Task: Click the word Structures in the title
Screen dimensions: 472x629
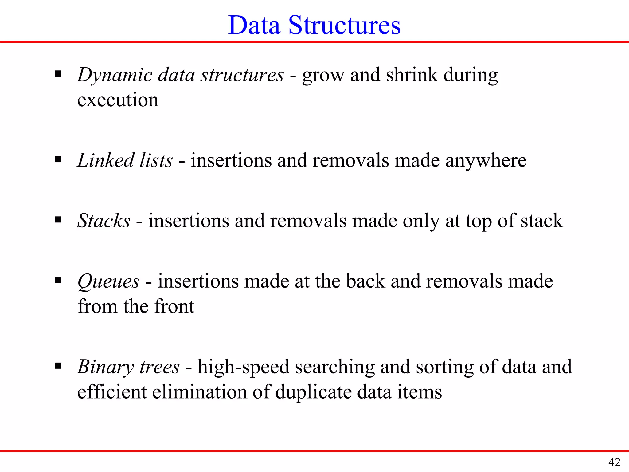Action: click(344, 25)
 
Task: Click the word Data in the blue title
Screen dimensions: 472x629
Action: click(254, 25)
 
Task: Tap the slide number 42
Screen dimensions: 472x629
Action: click(614, 462)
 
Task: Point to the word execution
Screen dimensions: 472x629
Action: click(118, 100)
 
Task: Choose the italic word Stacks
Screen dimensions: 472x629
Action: click(104, 221)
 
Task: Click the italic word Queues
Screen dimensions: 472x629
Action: click(108, 282)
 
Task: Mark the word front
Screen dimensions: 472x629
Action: click(174, 306)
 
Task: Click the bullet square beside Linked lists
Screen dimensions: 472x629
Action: click(58, 159)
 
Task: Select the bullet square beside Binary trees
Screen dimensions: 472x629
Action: click(58, 366)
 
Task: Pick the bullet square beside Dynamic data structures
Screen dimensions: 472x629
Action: click(58, 74)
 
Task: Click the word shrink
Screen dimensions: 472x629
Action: click(412, 75)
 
